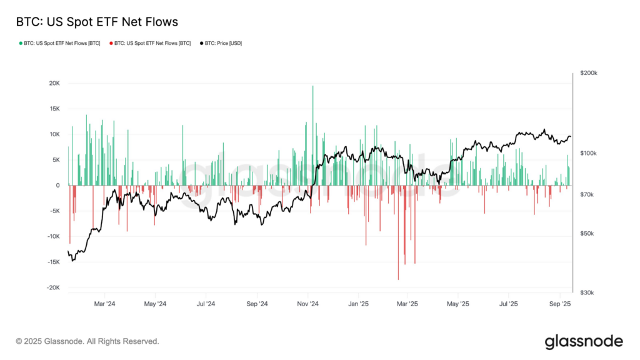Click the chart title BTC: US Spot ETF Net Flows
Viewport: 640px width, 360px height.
coord(97,22)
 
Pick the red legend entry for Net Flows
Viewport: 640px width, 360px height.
coord(150,43)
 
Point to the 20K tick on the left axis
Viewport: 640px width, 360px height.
coord(54,83)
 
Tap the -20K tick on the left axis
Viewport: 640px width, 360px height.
coord(52,287)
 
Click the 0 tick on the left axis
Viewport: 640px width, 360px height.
coord(58,185)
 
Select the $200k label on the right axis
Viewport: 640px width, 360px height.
coord(589,73)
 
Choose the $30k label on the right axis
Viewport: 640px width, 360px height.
coord(587,292)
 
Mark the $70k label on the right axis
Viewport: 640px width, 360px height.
coord(587,195)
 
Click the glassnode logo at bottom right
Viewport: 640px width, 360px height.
coord(584,341)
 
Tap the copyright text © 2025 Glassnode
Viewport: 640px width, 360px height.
coord(87,342)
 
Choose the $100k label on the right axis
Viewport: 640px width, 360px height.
coord(589,153)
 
